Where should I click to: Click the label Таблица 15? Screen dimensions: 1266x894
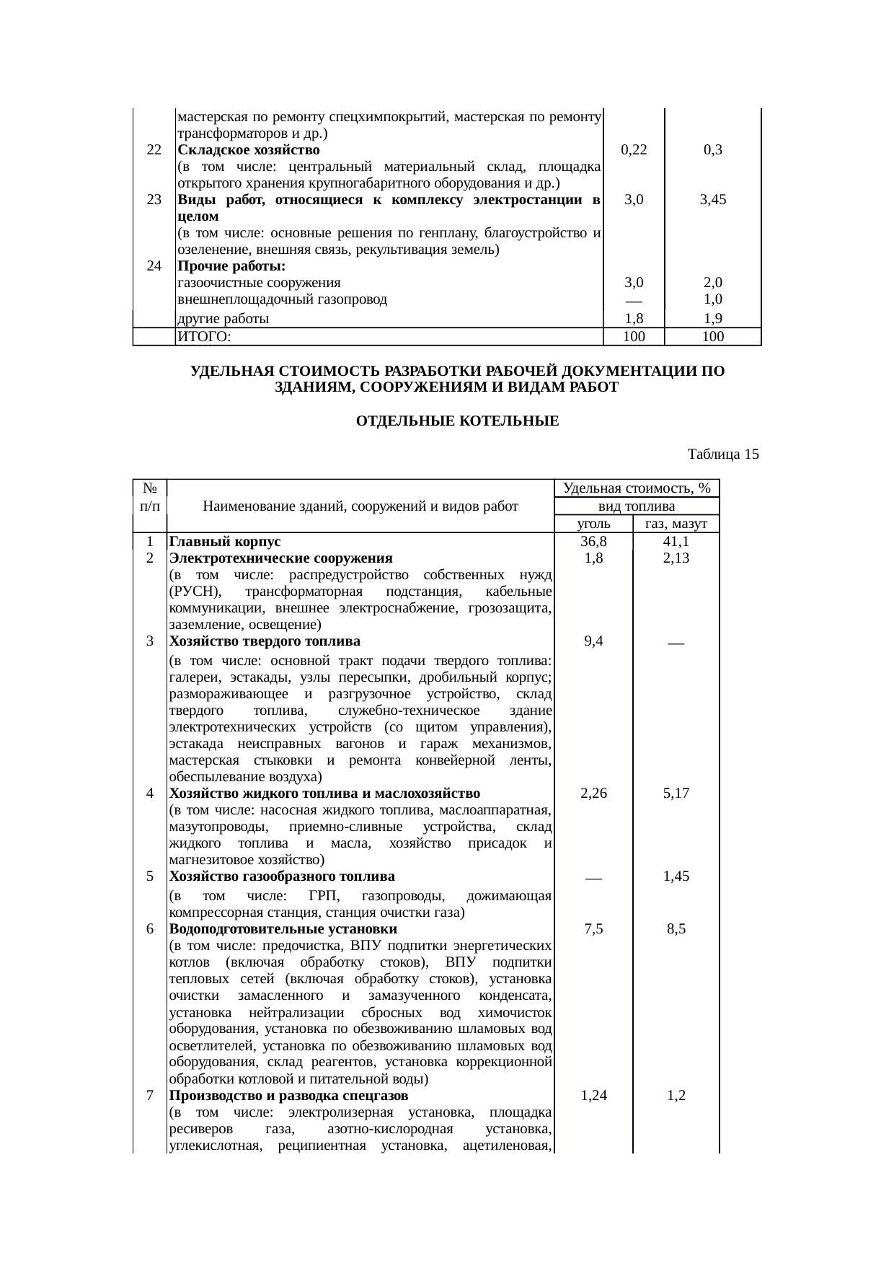click(x=723, y=454)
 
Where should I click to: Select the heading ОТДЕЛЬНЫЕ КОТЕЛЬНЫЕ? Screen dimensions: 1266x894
click(x=457, y=421)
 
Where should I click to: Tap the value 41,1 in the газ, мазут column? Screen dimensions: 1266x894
click(x=676, y=542)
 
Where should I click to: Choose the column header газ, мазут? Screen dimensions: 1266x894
click(x=676, y=524)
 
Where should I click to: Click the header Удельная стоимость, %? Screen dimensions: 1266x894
click(x=637, y=488)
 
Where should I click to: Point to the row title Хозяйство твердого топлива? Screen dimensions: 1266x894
click(x=265, y=641)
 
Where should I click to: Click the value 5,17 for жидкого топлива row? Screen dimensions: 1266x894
click(x=676, y=793)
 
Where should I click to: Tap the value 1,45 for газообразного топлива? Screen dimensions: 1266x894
click(x=676, y=876)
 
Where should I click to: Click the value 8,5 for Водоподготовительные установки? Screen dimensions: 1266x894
click(x=676, y=929)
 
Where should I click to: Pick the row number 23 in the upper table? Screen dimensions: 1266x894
click(x=154, y=200)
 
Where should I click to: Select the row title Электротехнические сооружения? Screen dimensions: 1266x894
click(x=280, y=558)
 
